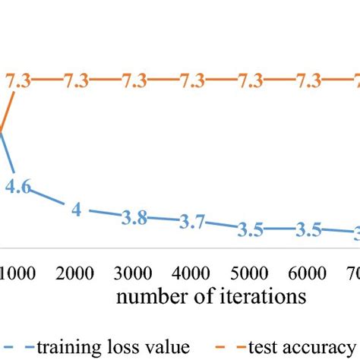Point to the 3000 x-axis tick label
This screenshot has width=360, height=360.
pyautogui.click(x=137, y=272)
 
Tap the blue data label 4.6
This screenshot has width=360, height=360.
pyautogui.click(x=17, y=187)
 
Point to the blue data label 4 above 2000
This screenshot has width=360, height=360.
pyautogui.click(x=77, y=208)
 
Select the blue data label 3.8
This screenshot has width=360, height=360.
pyautogui.click(x=134, y=217)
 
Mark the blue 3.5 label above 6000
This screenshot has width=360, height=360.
pyautogui.click(x=308, y=229)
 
